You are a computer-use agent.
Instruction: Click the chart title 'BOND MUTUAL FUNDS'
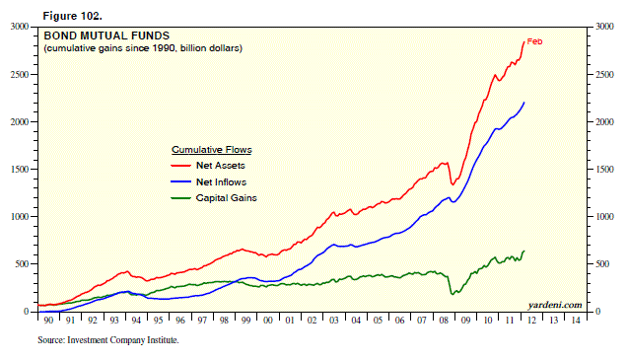93,36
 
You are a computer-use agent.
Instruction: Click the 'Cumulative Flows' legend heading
212,150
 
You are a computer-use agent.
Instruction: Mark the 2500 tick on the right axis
601,74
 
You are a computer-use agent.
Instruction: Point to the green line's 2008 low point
453,294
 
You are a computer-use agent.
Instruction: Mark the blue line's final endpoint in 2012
524,102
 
